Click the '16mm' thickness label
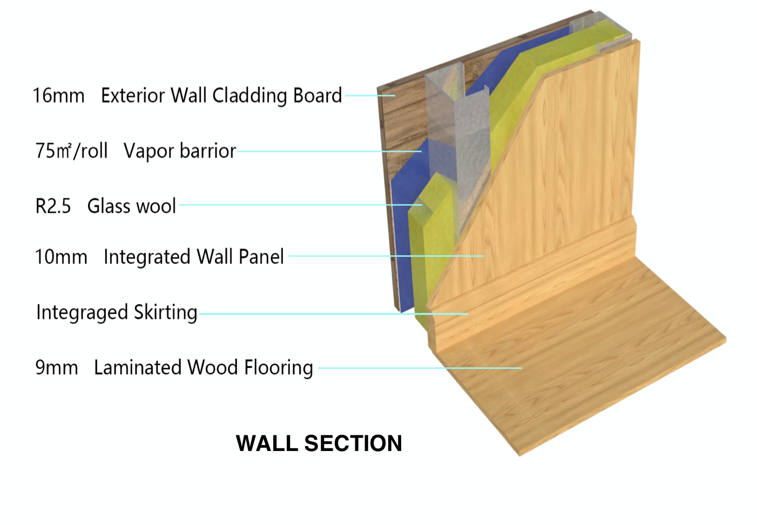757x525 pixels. pos(58,95)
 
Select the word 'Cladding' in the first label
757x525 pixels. pos(250,95)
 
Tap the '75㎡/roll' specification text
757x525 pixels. pos(71,151)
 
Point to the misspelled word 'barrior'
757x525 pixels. pos(207,151)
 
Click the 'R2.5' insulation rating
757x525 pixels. pos(53,206)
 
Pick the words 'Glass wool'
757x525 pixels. pos(131,206)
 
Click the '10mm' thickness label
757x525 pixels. pos(61,257)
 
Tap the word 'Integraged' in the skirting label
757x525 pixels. pos(82,312)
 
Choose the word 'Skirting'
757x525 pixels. pos(166,312)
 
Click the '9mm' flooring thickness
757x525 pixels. pos(57,367)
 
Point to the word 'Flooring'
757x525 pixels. pos(279,367)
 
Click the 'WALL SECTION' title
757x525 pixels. pos(319,443)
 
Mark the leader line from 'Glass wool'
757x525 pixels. pos(301,205)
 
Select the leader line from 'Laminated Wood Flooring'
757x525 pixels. pos(420,368)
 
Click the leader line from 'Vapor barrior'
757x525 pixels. pos(329,151)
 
